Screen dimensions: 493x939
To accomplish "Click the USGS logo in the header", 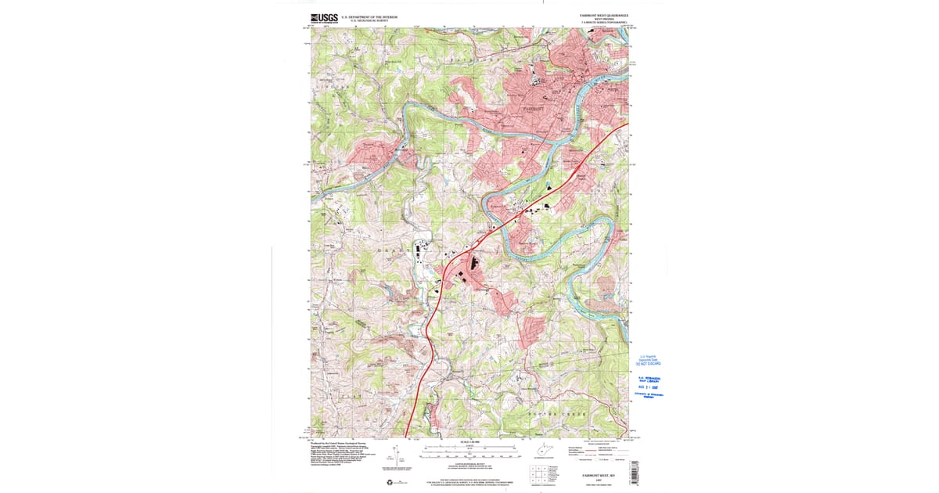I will tap(323, 18).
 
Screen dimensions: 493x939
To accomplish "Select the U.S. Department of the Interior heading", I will tap(369, 16).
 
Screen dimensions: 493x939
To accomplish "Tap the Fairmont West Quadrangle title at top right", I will tap(605, 15).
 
